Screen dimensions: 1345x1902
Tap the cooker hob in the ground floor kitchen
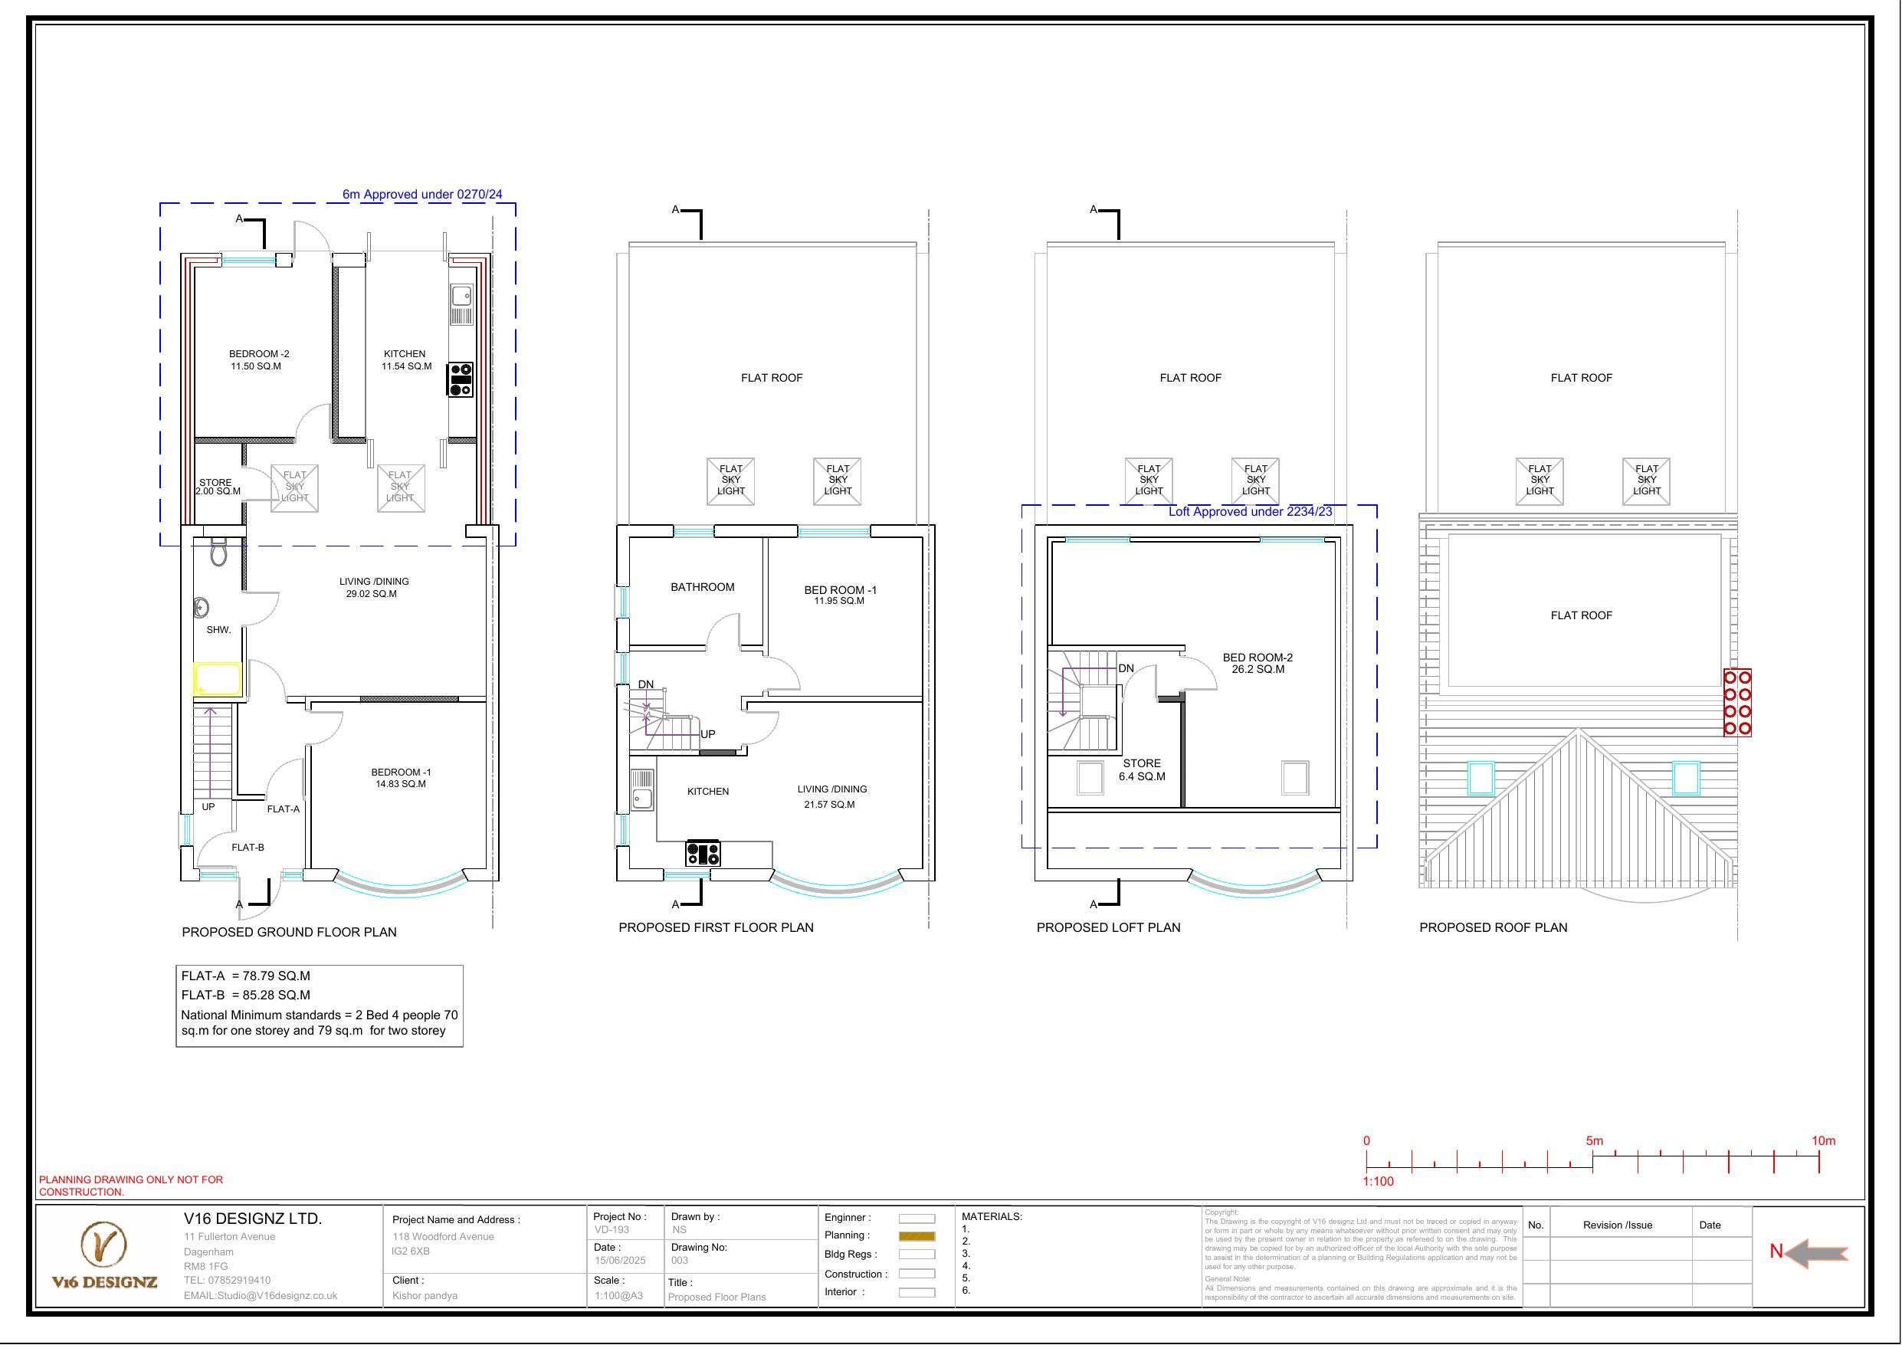[461, 379]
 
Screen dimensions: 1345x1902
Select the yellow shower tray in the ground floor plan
[218, 679]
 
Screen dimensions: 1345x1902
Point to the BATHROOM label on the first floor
[702, 587]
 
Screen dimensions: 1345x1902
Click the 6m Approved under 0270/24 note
[421, 195]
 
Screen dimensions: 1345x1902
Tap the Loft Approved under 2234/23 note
[1249, 511]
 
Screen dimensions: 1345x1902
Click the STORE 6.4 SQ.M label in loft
[1141, 770]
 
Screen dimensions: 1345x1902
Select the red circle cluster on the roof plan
[1737, 703]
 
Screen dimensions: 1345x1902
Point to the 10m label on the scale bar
[1822, 1141]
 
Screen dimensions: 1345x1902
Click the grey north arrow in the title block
[1816, 1254]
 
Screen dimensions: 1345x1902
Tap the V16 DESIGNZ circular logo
[103, 1244]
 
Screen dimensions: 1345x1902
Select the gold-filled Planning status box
[917, 1235]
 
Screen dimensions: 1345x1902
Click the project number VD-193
[612, 1230]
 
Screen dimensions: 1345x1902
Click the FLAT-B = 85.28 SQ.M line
[246, 995]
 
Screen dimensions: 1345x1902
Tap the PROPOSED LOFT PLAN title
[1107, 927]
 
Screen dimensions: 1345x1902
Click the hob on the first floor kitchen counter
[703, 853]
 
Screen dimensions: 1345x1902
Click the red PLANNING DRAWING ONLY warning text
[131, 1185]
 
